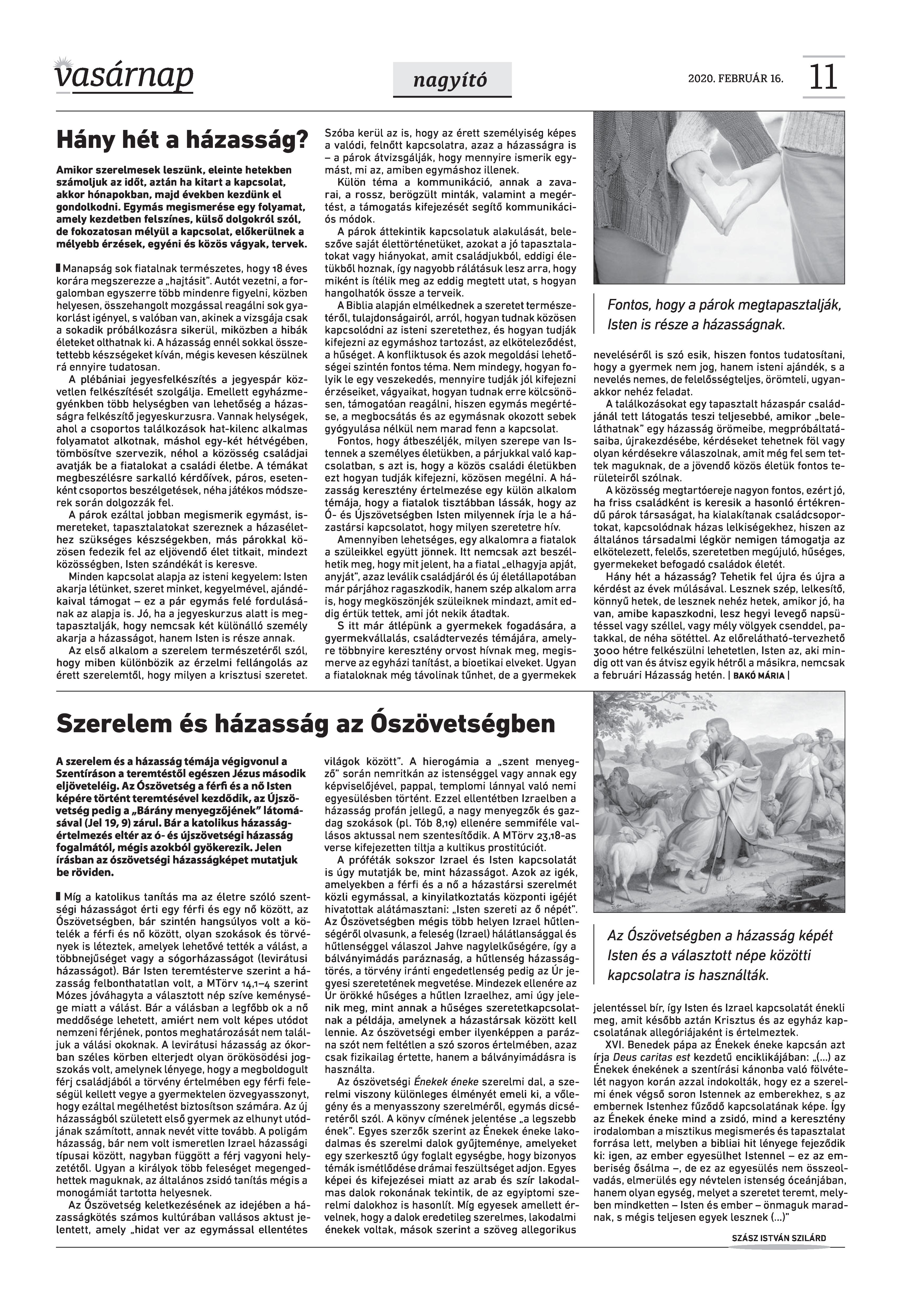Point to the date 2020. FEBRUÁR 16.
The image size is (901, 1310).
(x=735, y=78)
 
